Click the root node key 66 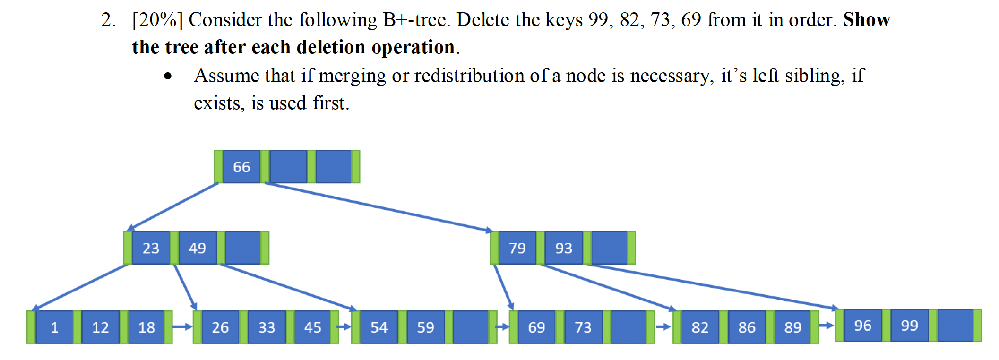(x=241, y=167)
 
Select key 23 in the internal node (x=151, y=248)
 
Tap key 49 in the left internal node (x=198, y=248)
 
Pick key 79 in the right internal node (x=517, y=248)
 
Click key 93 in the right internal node (x=564, y=248)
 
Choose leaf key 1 (x=54, y=327)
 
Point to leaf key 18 (x=146, y=327)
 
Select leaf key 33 (x=267, y=327)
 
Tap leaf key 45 (x=313, y=327)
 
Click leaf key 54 (x=379, y=327)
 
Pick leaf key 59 (x=425, y=327)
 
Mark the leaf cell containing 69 (x=536, y=327)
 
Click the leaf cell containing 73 (x=583, y=327)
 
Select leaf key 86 (x=747, y=327)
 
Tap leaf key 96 (x=863, y=326)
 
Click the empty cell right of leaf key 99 (x=955, y=326)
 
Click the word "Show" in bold (x=867, y=20)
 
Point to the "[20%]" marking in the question (x=157, y=20)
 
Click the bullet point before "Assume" (x=168, y=76)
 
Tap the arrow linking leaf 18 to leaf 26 (x=182, y=326)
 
